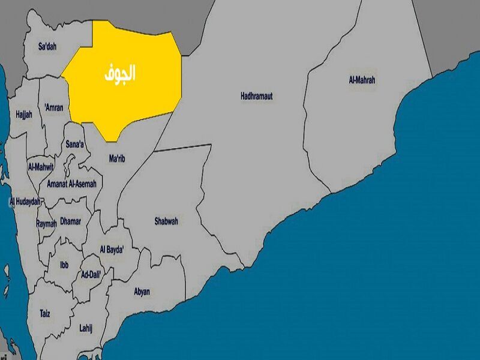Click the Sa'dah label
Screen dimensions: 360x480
[x=47, y=46]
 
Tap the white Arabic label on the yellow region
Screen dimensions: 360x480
[x=118, y=73]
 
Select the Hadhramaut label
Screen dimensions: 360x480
[x=260, y=96]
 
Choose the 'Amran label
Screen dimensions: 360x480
[x=54, y=108]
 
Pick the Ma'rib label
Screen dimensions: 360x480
[x=118, y=159]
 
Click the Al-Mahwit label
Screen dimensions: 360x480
[x=41, y=166]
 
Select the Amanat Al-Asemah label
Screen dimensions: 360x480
[x=72, y=184]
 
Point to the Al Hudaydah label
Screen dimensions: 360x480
[x=25, y=202]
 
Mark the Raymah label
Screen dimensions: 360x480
[x=46, y=223]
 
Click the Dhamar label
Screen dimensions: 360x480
[x=70, y=221]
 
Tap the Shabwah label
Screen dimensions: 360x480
[x=166, y=221]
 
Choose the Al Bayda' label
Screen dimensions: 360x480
[x=112, y=249]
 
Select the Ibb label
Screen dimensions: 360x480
[x=64, y=264]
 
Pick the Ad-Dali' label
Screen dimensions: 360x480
[x=91, y=274]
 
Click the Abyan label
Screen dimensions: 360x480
[x=142, y=292]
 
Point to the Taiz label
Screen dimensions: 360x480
[x=45, y=313]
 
